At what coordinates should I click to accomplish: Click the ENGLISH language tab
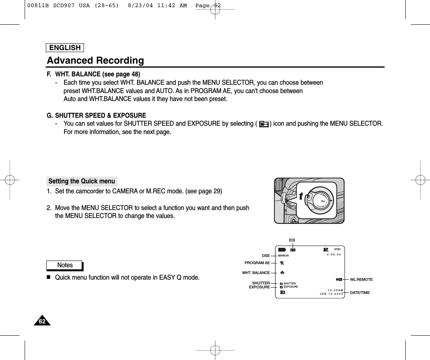65,48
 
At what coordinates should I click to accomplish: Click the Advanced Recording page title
96,60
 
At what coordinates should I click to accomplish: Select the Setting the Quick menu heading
82,181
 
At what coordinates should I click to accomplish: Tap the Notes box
65,265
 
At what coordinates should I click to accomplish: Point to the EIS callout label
292,240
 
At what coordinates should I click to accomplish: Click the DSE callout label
266,255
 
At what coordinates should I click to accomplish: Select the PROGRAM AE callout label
257,263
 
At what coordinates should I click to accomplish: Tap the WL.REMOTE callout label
361,280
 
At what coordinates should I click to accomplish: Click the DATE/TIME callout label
360,293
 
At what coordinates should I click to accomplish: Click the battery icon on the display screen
282,250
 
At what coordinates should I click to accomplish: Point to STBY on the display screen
338,249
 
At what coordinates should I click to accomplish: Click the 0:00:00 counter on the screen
334,255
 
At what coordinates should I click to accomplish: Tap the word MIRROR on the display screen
283,256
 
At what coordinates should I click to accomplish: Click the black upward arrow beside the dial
301,195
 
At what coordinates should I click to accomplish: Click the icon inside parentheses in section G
264,124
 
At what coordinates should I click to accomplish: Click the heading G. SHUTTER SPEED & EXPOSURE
96,116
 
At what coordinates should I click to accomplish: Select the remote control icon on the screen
339,280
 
